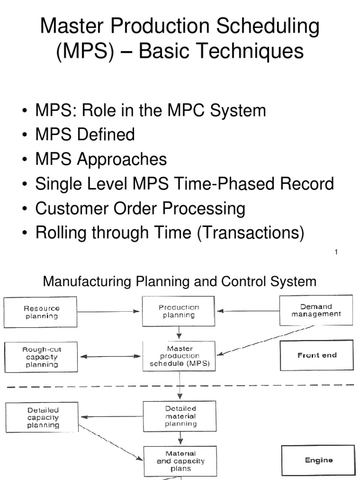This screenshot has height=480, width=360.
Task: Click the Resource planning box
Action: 42,312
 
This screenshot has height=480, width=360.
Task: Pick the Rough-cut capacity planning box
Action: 42,357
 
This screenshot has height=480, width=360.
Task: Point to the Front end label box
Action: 317,355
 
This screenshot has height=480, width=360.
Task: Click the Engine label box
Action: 317,460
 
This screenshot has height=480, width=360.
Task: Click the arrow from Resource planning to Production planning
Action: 110,311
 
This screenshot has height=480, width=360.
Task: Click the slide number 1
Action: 337,253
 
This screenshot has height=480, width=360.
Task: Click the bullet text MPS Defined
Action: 85,135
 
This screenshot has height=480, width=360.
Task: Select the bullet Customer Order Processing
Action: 140,208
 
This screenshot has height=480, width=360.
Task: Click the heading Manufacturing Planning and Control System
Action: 180,282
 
